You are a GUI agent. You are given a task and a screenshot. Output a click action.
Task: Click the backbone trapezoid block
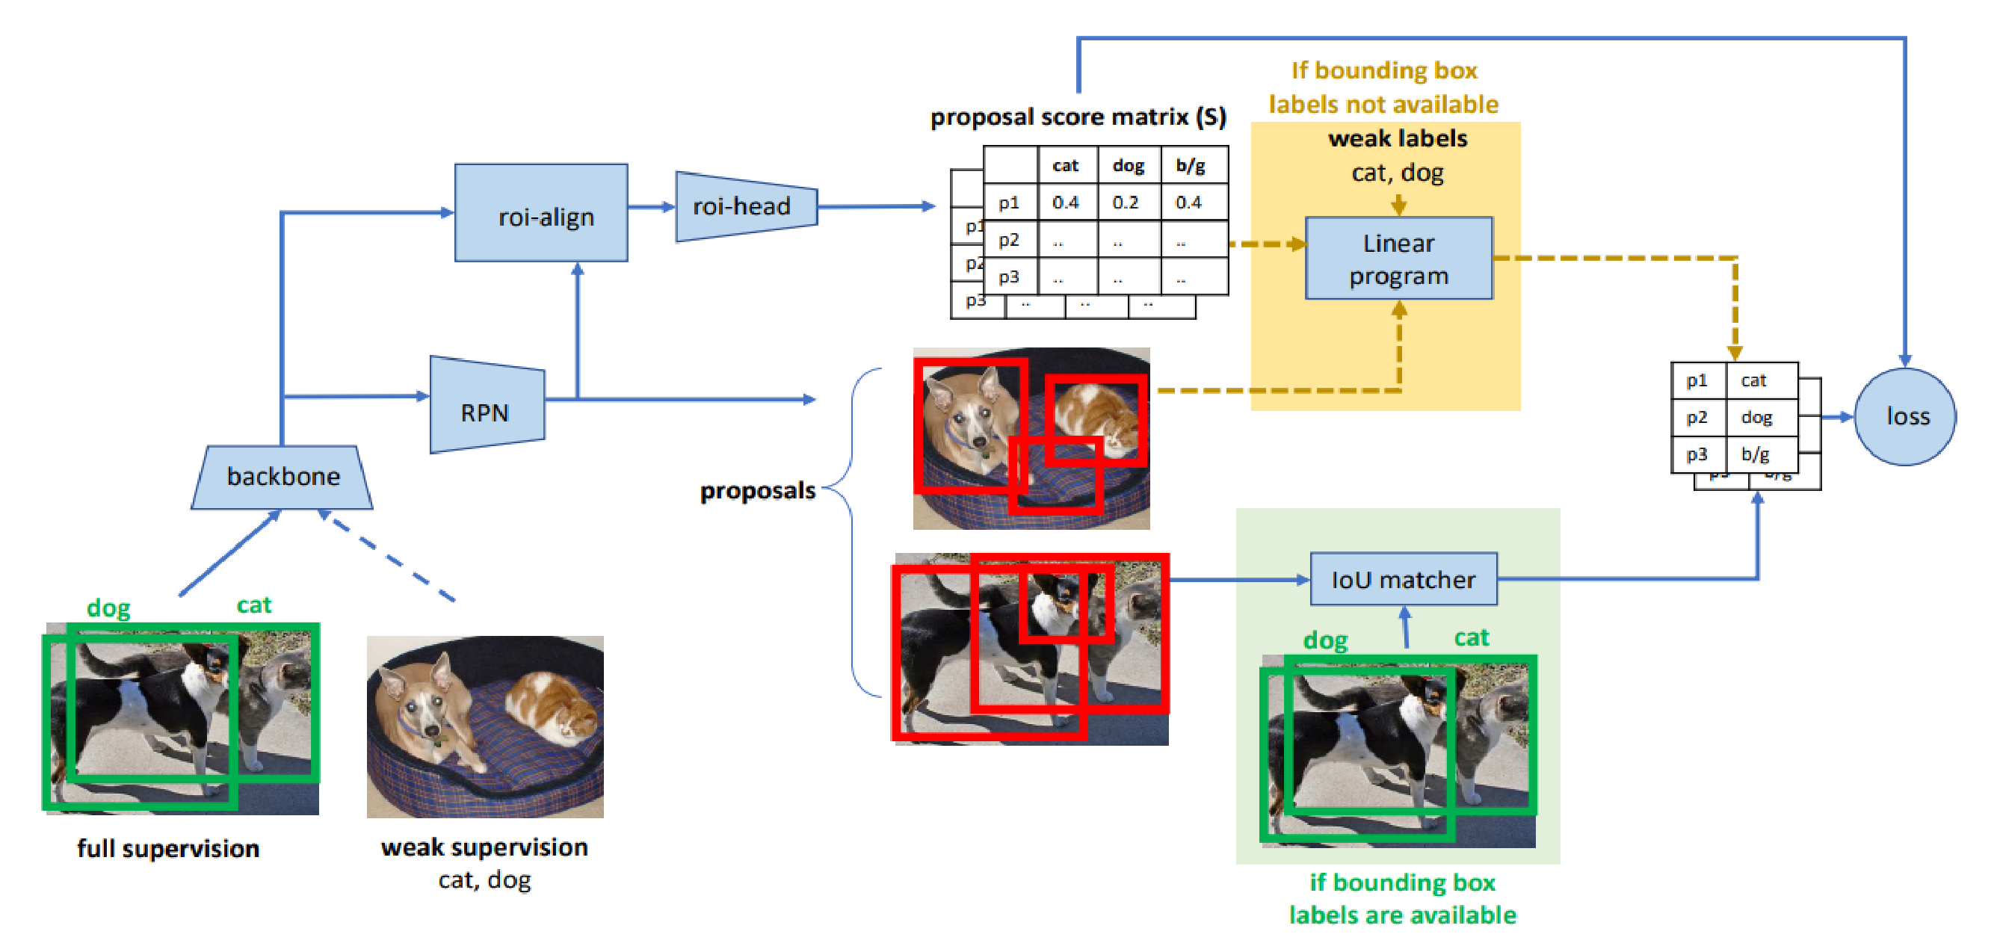pos(283,476)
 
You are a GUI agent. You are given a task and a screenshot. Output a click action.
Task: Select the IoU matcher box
pos(1403,579)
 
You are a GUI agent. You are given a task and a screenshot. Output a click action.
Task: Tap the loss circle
pos(1906,416)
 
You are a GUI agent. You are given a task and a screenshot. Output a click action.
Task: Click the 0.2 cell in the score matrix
pos(1126,203)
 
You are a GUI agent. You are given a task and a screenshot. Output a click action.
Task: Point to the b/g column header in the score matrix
pos(1191,165)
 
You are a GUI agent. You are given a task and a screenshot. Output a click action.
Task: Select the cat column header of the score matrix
pos(1065,165)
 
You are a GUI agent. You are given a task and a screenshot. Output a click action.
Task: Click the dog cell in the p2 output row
pos(1757,417)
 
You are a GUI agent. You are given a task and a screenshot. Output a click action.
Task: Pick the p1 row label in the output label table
pos(1697,380)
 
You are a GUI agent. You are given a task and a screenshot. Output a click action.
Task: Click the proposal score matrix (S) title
pos(1078,117)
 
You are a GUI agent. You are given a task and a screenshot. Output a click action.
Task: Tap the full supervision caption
pos(168,848)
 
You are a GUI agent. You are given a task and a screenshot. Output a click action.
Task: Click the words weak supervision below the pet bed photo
pos(484,847)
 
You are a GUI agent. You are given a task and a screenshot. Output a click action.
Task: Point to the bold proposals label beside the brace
pos(757,491)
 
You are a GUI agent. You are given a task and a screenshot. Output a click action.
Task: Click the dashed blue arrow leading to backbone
pos(391,557)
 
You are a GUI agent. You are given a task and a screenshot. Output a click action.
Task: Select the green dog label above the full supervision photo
pos(108,608)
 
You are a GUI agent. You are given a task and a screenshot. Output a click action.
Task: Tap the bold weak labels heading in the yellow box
pos(1398,138)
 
